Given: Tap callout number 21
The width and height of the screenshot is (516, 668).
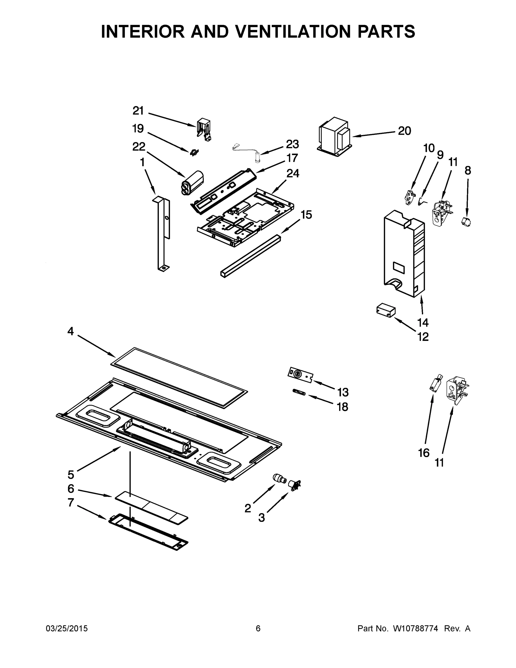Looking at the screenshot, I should tap(138, 111).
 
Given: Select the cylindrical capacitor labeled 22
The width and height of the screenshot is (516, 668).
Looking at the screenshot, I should tap(192, 183).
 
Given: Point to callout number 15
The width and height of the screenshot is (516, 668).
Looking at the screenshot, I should tap(306, 215).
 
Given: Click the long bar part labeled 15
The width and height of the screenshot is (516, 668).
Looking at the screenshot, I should tap(250, 256).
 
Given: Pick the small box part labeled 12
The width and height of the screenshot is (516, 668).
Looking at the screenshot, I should tap(386, 311).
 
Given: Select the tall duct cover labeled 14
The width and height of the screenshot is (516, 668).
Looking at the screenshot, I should tap(404, 254).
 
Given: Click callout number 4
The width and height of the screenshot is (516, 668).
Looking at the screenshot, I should tap(71, 331).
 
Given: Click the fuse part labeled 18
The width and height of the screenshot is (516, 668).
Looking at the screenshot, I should tap(299, 392).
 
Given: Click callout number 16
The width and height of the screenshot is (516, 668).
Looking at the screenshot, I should tap(424, 453).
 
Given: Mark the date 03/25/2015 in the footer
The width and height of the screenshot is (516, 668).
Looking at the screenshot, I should tap(67, 628).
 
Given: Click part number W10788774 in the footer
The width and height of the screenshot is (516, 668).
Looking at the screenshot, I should tap(415, 628).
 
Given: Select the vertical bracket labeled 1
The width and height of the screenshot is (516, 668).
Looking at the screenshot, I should tap(162, 232).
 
